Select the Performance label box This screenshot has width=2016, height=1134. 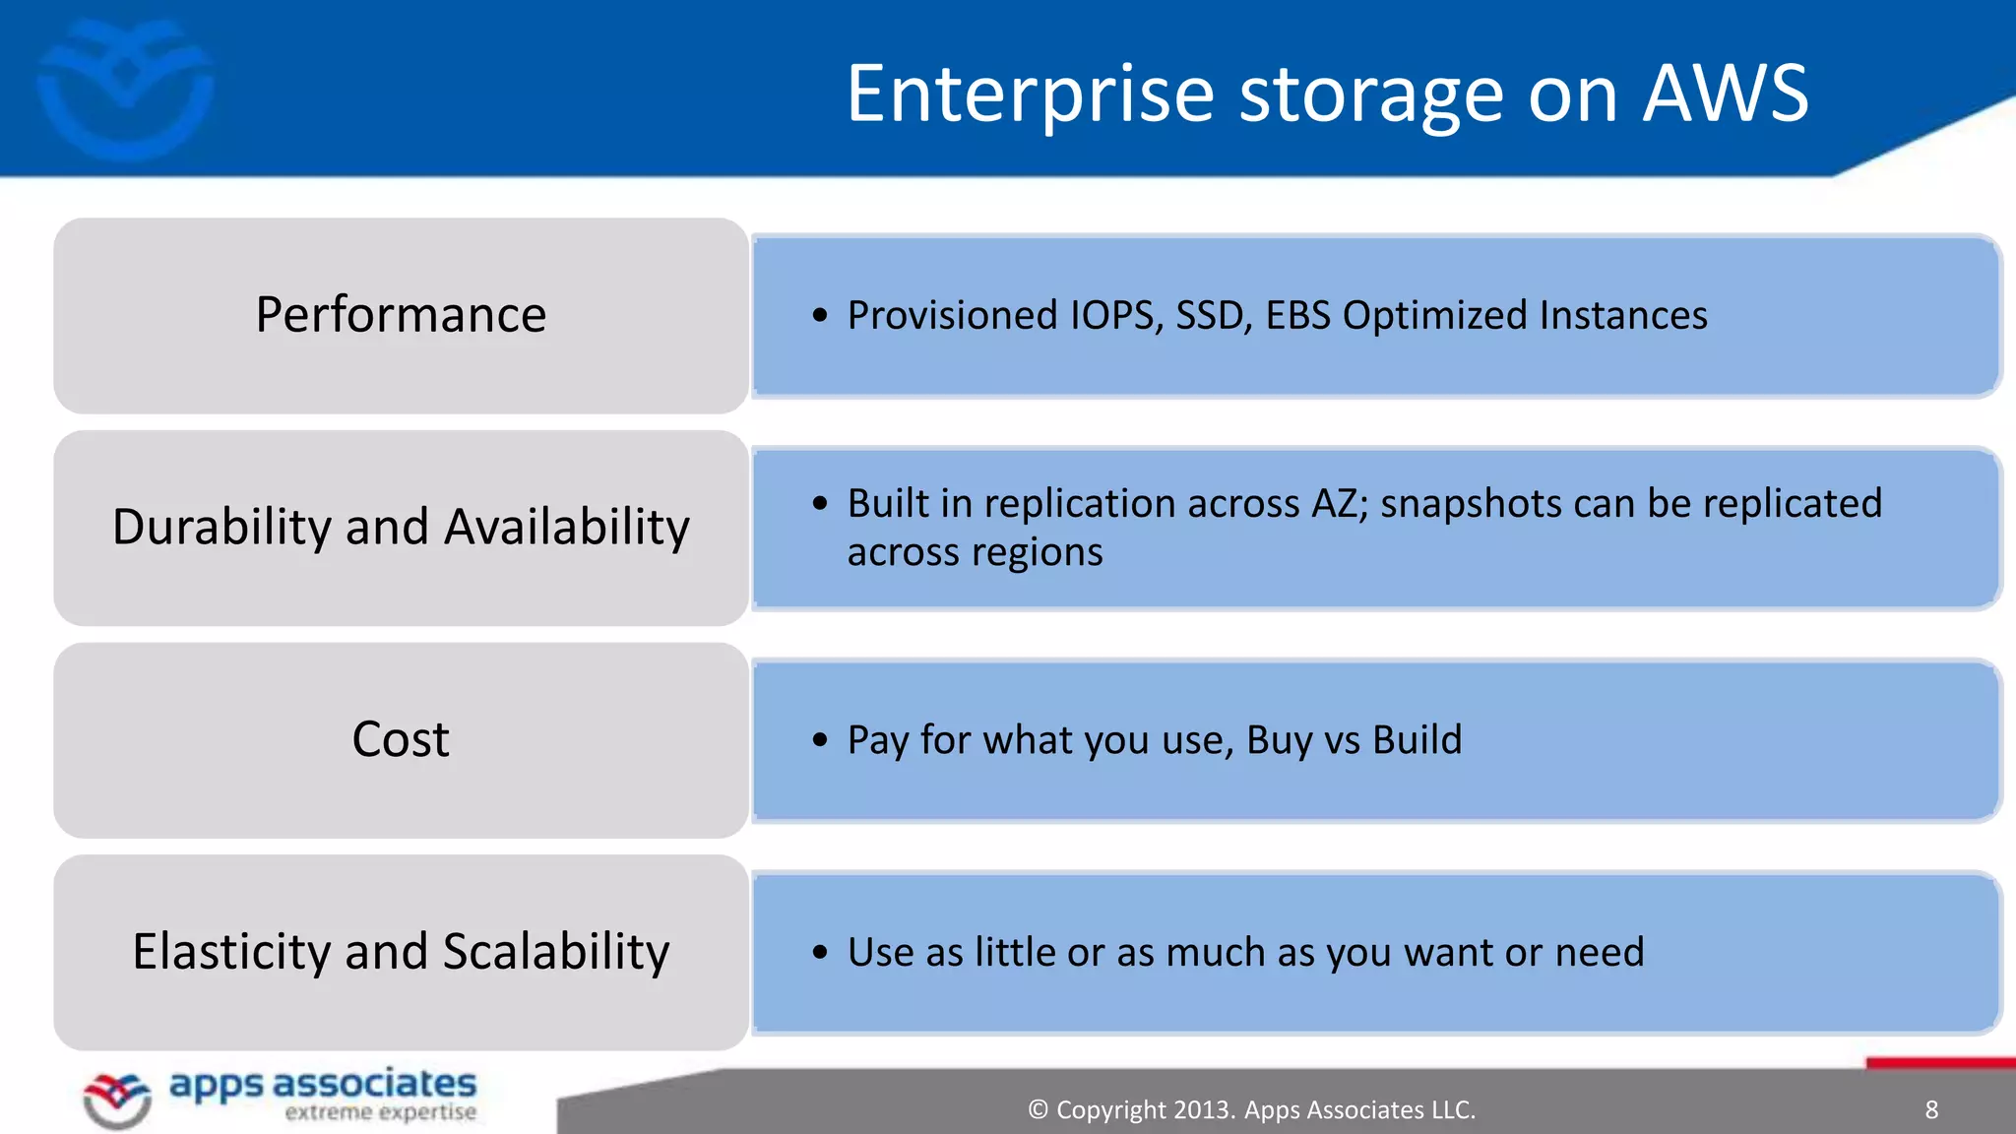click(x=401, y=315)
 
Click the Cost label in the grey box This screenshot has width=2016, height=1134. click(x=401, y=739)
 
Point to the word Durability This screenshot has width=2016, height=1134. click(x=220, y=527)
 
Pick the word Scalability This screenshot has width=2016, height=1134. click(x=556, y=952)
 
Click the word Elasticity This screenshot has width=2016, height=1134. click(x=231, y=952)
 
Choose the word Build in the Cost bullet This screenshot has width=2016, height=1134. click(x=1417, y=740)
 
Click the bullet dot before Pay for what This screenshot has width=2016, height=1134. click(x=820, y=740)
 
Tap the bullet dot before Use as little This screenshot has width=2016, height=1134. click(x=820, y=952)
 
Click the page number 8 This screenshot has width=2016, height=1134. click(x=1931, y=1110)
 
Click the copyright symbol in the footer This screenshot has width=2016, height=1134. click(x=1038, y=1110)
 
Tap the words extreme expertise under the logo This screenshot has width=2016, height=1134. click(x=380, y=1113)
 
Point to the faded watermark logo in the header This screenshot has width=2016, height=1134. click(x=125, y=89)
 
